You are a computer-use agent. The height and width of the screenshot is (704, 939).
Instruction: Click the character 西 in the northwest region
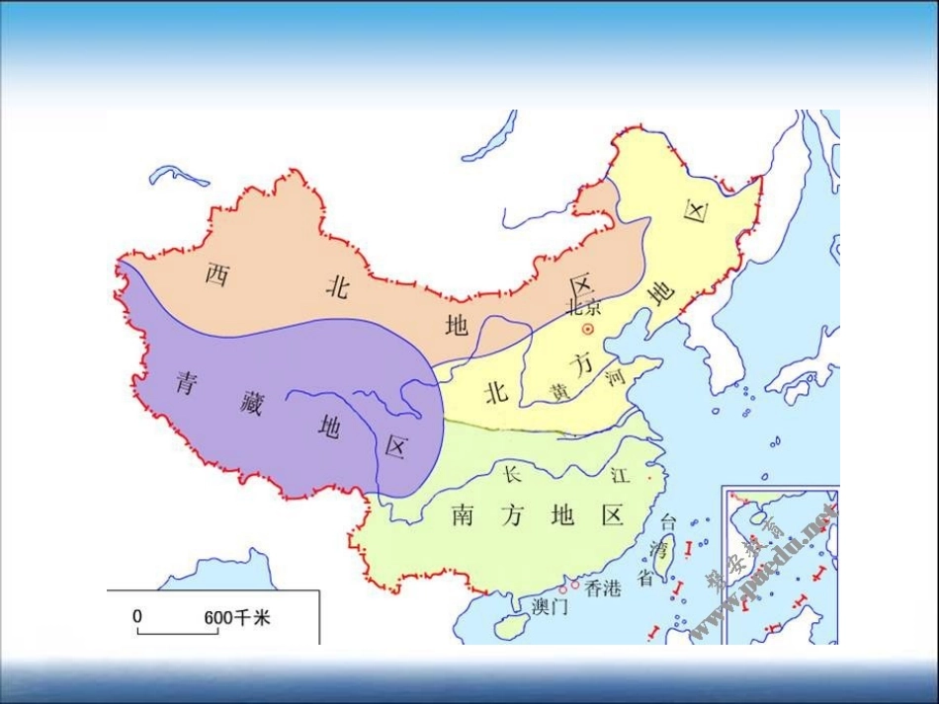(217, 274)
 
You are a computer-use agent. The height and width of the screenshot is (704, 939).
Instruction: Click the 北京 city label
(583, 307)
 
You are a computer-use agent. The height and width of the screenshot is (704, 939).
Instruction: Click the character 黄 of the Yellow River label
(560, 392)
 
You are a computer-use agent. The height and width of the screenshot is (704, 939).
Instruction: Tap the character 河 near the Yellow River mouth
(616, 376)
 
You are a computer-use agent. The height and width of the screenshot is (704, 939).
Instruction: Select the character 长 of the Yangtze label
(511, 473)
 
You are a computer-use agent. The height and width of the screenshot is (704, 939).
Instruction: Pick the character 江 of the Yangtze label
(619, 475)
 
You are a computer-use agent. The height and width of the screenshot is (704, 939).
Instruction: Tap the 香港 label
(602, 588)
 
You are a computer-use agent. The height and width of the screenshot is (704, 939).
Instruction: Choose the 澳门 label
(550, 606)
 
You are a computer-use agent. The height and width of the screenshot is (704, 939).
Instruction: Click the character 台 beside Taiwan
(668, 520)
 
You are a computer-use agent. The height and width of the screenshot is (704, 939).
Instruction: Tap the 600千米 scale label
(237, 618)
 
